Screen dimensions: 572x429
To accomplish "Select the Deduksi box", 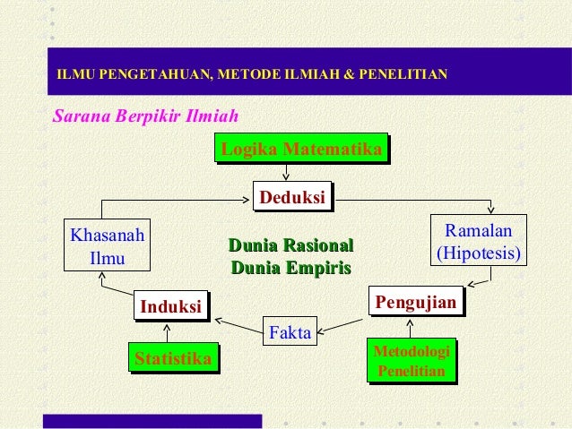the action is click(291, 197).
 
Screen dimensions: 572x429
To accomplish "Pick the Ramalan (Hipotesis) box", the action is click(478, 242).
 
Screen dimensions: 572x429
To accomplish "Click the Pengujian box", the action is click(416, 302).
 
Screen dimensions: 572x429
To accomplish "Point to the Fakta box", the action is click(290, 333).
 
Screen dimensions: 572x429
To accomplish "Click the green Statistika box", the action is click(173, 360).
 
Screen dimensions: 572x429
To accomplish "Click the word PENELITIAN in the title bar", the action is click(402, 73).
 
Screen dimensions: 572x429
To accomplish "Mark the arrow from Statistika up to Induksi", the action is click(168, 332).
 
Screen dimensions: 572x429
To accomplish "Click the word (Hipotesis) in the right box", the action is click(478, 253).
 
